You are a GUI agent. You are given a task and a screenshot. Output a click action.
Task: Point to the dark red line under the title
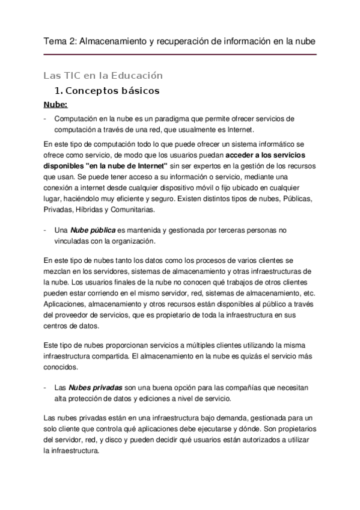(x=180, y=55)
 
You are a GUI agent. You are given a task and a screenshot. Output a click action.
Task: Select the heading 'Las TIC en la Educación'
(x=103, y=76)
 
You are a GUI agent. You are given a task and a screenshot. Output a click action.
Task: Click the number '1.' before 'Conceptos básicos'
(x=58, y=91)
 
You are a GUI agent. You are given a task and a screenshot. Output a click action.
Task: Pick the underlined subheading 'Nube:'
(x=56, y=105)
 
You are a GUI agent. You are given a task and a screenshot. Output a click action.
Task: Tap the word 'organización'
(x=131, y=241)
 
